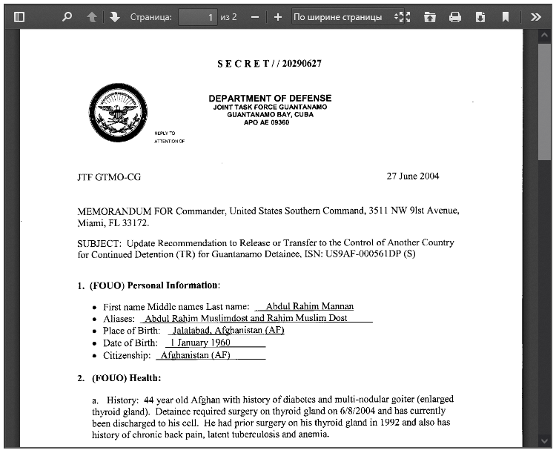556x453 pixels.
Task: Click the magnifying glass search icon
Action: [67, 16]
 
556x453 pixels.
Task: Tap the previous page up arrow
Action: [92, 16]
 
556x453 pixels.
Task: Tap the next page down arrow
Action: [114, 16]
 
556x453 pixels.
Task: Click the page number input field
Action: [197, 16]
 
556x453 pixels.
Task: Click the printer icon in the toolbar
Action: [455, 16]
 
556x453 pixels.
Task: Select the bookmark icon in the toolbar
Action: [505, 16]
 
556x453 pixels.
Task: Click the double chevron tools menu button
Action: [536, 16]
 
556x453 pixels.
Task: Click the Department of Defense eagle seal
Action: [117, 113]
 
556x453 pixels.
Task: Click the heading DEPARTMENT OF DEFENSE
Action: [270, 98]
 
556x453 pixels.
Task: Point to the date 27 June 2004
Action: [413, 176]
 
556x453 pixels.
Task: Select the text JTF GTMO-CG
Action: [109, 177]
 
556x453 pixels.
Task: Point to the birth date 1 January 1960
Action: [200, 343]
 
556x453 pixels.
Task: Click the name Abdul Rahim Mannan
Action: [310, 306]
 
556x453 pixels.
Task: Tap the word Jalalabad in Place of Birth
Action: [191, 330]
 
